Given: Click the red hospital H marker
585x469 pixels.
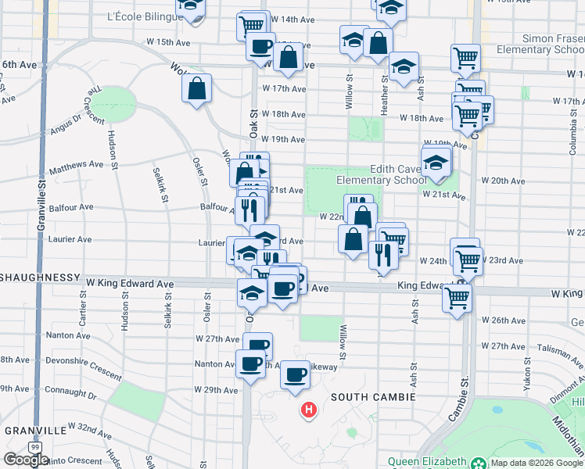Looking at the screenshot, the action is [310, 410].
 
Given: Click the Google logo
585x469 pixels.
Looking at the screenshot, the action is [26, 460].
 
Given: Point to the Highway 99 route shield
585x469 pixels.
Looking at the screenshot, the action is [34, 446].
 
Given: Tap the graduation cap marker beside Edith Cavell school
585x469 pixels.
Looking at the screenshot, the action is [435, 163].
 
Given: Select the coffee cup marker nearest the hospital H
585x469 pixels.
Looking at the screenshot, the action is [295, 375].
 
